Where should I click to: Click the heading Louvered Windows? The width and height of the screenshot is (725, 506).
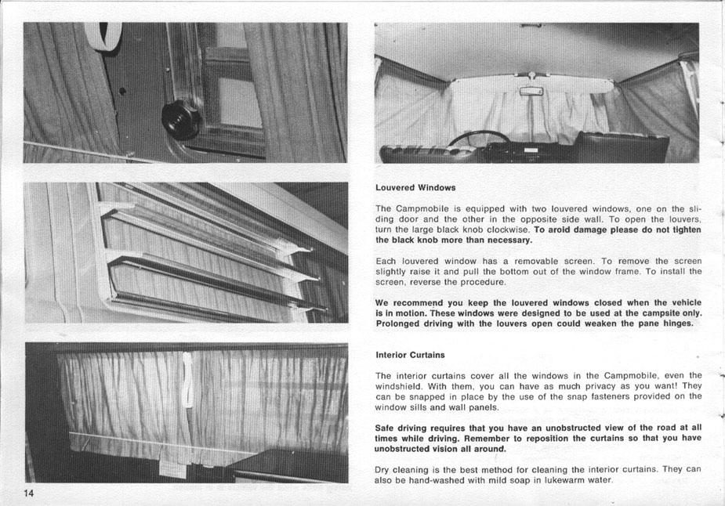click(415, 188)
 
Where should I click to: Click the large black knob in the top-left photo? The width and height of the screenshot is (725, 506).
click(181, 120)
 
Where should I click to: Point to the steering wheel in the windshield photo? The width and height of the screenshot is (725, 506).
click(478, 139)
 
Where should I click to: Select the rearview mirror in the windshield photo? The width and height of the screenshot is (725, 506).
click(531, 92)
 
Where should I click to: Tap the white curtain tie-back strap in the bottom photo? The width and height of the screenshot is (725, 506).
click(187, 381)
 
